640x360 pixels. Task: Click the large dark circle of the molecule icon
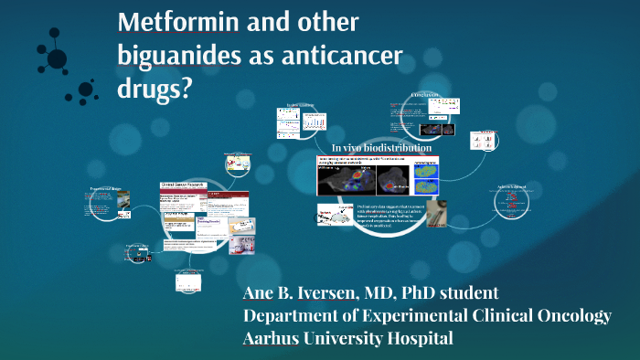[57, 58]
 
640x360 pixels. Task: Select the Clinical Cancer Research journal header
[184, 185]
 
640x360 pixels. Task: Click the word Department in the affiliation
[292, 315]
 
